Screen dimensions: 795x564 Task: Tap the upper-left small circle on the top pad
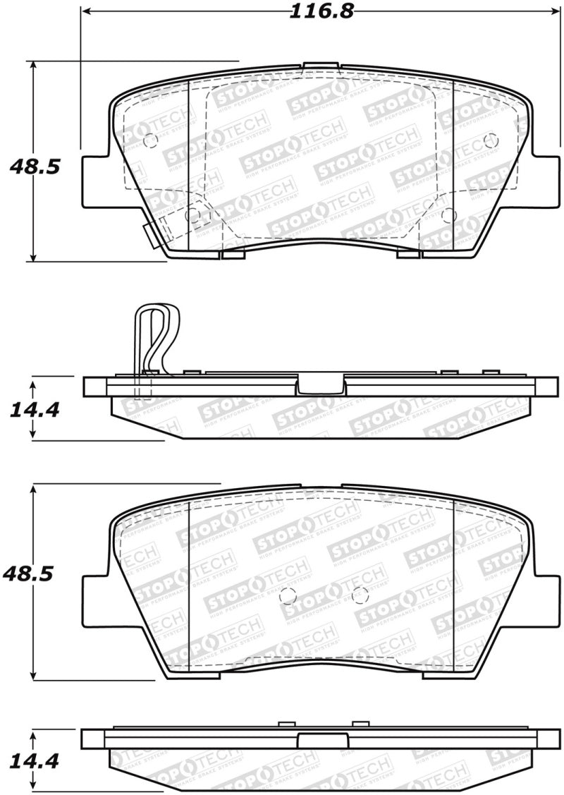pos(149,140)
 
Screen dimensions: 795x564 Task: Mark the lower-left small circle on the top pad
pos(195,214)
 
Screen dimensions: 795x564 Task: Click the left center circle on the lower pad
pos(287,595)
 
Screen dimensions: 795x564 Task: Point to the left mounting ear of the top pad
pos(96,181)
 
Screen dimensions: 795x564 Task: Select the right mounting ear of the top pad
pos(544,181)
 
